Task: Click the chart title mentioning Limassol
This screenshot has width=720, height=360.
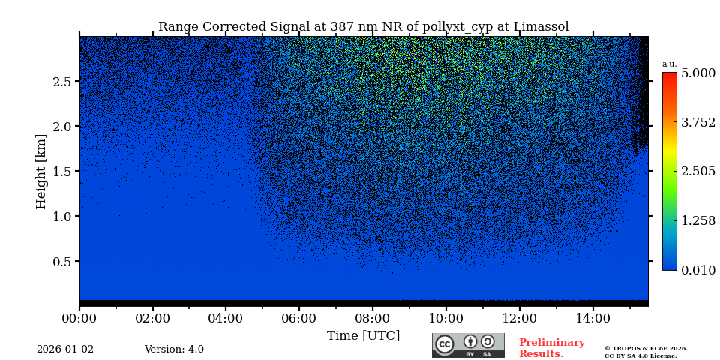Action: point(363,27)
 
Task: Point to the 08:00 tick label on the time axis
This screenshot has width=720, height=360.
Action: point(373,318)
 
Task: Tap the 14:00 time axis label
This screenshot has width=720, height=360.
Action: point(592,318)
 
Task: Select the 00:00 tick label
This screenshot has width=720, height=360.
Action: point(79,318)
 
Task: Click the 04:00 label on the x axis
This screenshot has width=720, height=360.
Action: point(226,318)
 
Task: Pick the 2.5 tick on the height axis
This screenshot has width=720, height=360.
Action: point(62,82)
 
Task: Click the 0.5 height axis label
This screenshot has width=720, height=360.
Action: point(62,262)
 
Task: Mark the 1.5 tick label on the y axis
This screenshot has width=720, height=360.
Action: point(62,172)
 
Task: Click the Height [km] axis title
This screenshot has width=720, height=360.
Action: point(41,171)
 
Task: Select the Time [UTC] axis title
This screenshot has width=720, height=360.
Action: point(363,335)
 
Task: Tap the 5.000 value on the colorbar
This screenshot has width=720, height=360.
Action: point(697,73)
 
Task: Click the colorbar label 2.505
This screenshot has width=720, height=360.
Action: point(697,172)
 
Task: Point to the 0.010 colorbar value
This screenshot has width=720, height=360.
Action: point(697,270)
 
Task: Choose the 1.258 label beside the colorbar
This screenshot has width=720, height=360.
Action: point(697,220)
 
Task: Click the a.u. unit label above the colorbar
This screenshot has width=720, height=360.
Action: point(669,64)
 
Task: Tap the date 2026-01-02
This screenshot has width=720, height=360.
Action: point(65,349)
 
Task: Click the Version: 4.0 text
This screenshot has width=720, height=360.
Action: point(174,349)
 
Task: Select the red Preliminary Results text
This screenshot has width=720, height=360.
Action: point(551,348)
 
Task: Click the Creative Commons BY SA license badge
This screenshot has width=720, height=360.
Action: point(468,345)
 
